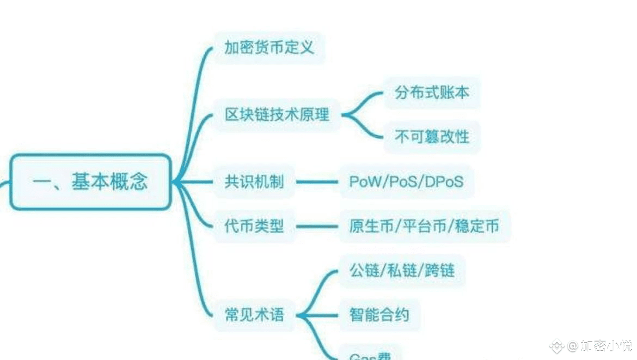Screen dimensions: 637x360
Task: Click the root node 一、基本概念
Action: click(x=90, y=182)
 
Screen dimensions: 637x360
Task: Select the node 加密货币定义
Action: click(x=269, y=47)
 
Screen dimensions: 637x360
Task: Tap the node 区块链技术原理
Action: click(x=277, y=115)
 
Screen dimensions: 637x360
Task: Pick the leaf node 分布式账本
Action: click(x=432, y=93)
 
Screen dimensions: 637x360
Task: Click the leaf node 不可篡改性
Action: click(x=432, y=137)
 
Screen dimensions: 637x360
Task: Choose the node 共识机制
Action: click(x=254, y=182)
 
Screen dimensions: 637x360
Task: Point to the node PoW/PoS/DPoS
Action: click(x=406, y=182)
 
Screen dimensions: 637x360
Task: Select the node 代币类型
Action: click(x=254, y=226)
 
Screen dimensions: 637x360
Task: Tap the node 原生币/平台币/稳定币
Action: click(x=424, y=226)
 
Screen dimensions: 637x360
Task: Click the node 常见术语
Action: click(x=254, y=315)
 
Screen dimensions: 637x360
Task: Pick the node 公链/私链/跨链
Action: click(x=402, y=270)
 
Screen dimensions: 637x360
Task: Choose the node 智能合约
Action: click(x=379, y=315)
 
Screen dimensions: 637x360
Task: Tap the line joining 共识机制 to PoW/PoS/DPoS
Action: click(x=317, y=182)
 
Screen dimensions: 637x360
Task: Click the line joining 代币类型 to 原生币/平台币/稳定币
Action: click(x=317, y=226)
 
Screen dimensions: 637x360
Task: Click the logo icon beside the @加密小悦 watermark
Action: click(x=556, y=346)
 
